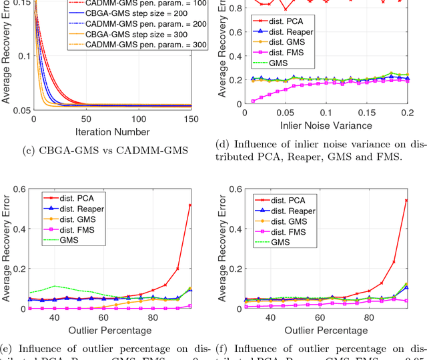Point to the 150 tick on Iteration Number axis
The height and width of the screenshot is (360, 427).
(190, 119)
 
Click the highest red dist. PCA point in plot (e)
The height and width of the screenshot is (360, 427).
(190, 205)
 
